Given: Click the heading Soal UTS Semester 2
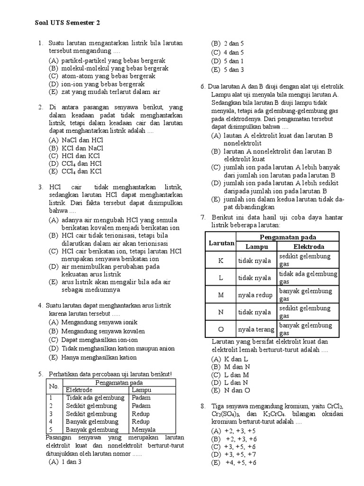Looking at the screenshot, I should [x=68, y=22].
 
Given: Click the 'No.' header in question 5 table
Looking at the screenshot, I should [x=54, y=386].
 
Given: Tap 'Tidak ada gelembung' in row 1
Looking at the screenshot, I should [x=95, y=398].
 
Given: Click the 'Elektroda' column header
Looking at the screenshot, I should [x=309, y=247].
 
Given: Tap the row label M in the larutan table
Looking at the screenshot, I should [x=220, y=295].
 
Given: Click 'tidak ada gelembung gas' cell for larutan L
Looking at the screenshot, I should [x=308, y=278].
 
